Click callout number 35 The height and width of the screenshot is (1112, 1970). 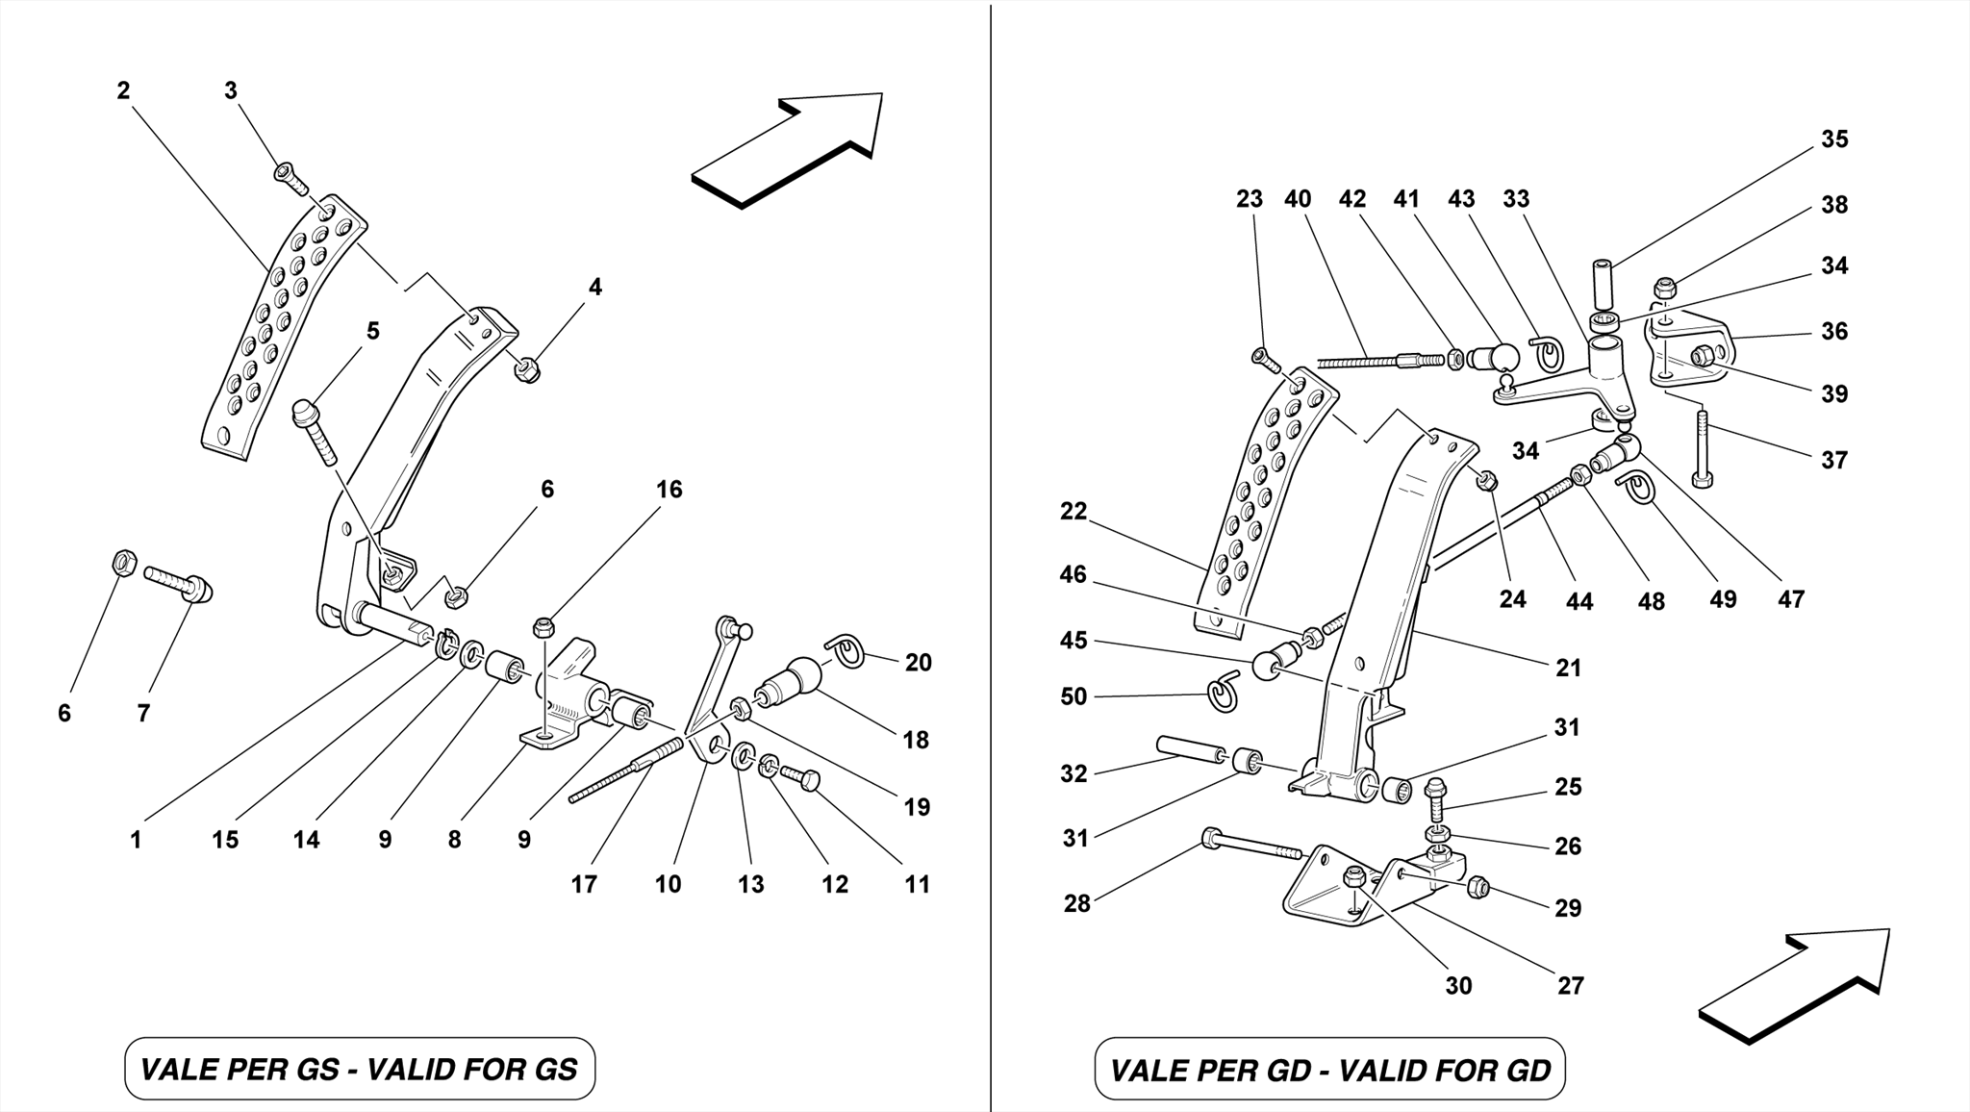coord(1833,139)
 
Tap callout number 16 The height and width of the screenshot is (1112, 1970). coord(669,490)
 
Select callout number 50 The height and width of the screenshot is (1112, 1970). coord(1073,696)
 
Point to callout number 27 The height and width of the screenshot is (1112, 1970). coord(1570,985)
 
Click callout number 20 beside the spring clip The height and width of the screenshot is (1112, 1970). coord(918,663)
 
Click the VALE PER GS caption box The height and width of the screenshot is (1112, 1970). coord(360,1069)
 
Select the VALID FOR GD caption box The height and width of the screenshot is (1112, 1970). coord(1329,1069)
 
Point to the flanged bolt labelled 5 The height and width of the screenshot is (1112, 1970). coord(314,430)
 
